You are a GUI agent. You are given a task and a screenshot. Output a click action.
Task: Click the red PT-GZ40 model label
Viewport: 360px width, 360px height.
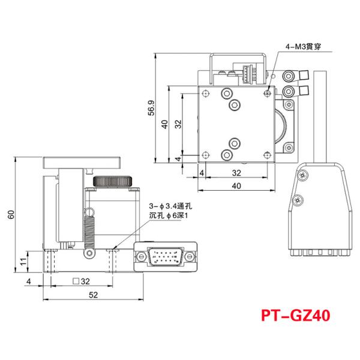coord(296,315)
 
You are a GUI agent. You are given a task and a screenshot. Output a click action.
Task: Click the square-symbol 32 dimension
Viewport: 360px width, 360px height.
coord(80,280)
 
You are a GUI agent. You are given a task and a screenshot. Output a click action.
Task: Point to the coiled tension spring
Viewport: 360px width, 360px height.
coord(91,231)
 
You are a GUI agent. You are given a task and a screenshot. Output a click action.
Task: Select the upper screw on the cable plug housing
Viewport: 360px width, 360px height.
coord(301,175)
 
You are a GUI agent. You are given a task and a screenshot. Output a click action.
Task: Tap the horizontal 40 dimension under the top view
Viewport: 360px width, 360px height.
coord(236,186)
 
